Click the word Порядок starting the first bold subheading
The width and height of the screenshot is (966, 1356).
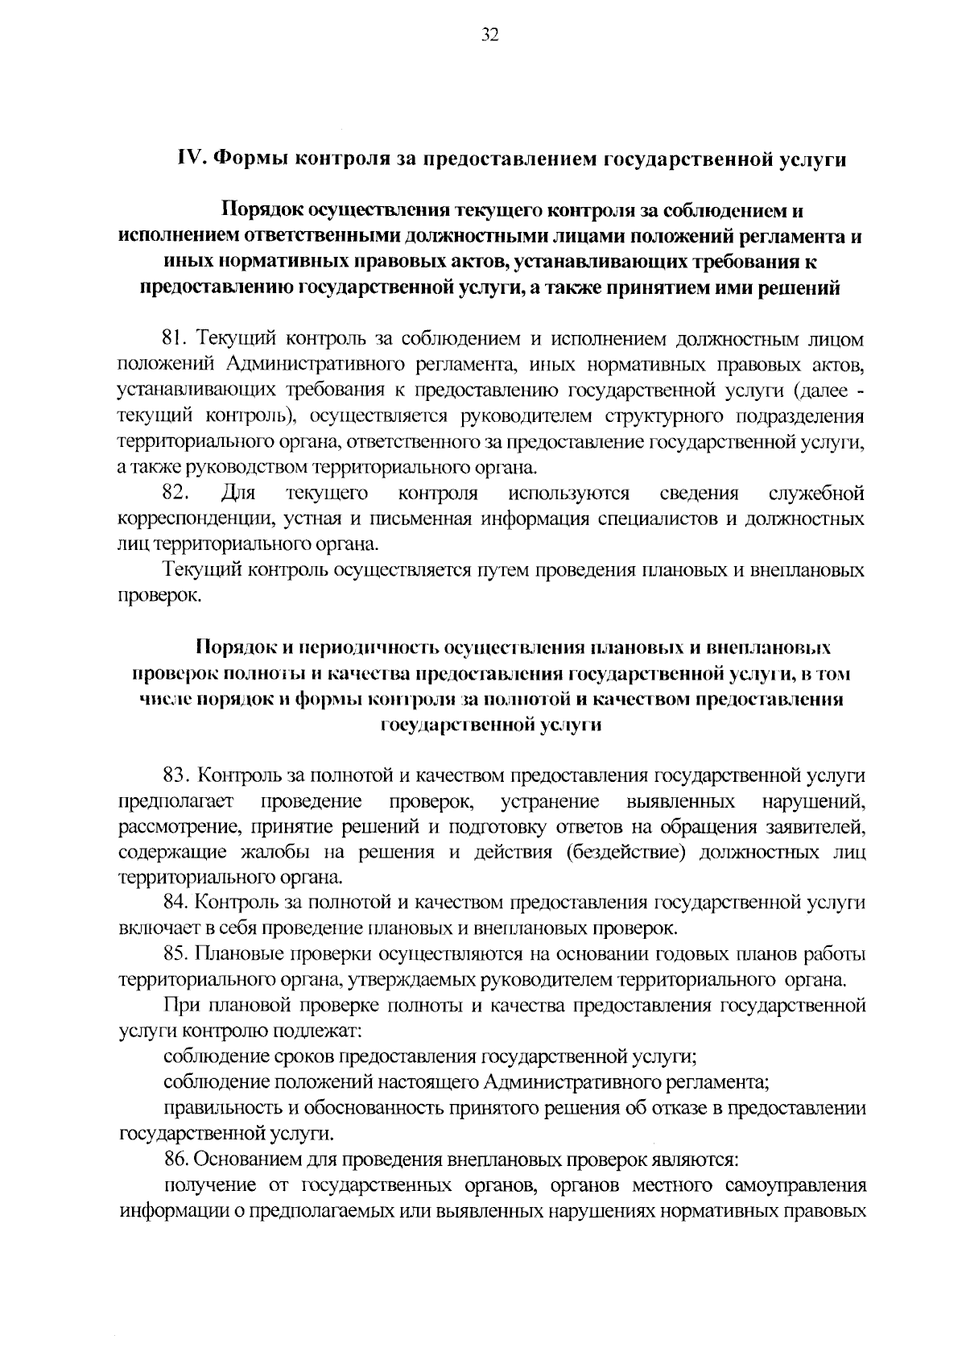point(263,212)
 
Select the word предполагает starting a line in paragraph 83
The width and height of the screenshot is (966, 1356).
point(175,802)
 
